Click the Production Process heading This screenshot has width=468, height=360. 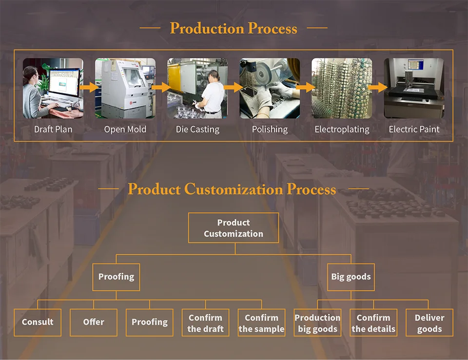click(234, 28)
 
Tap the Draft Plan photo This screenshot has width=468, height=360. click(53, 88)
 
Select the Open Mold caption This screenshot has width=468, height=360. click(125, 129)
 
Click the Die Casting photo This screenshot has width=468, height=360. click(197, 88)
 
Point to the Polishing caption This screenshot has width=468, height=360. click(270, 129)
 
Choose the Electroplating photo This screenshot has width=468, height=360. click(342, 88)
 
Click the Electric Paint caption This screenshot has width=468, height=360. click(414, 129)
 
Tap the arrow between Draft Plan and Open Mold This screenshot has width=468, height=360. click(89, 87)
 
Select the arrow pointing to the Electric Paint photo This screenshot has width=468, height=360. click(377, 87)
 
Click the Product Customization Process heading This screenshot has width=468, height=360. click(232, 189)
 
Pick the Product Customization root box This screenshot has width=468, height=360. click(234, 228)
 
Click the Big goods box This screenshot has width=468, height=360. click(351, 277)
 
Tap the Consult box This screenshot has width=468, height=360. click(38, 322)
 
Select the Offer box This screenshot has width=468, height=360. click(94, 322)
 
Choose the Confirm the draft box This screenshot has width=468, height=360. click(205, 322)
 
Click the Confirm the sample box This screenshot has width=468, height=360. click(261, 322)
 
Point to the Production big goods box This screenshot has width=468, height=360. click(317, 322)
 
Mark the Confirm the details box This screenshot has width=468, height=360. click(373, 322)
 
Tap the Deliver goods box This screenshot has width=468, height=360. click(429, 322)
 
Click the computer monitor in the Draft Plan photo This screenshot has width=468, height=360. click(63, 84)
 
